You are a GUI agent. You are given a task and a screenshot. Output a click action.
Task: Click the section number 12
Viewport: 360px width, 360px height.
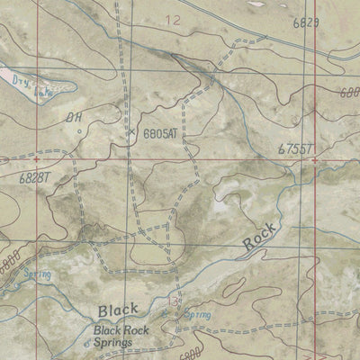pyautogui.click(x=173, y=19)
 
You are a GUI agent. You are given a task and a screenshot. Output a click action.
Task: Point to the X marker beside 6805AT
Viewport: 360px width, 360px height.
pyautogui.click(x=131, y=131)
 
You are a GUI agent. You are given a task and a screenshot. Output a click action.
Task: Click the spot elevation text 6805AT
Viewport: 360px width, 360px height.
pyautogui.click(x=162, y=132)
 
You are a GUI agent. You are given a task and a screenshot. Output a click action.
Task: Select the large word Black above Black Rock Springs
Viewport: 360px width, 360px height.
pyautogui.click(x=119, y=311)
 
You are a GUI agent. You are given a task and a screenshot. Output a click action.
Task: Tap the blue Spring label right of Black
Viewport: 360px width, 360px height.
pyautogui.click(x=196, y=316)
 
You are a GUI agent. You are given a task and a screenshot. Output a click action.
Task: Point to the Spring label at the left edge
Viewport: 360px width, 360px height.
pyautogui.click(x=13, y=273)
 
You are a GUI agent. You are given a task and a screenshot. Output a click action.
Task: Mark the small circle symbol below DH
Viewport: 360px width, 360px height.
pyautogui.click(x=79, y=130)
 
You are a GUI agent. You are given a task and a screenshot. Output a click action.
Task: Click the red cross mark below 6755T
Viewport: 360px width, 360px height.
pyautogui.click(x=314, y=159)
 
